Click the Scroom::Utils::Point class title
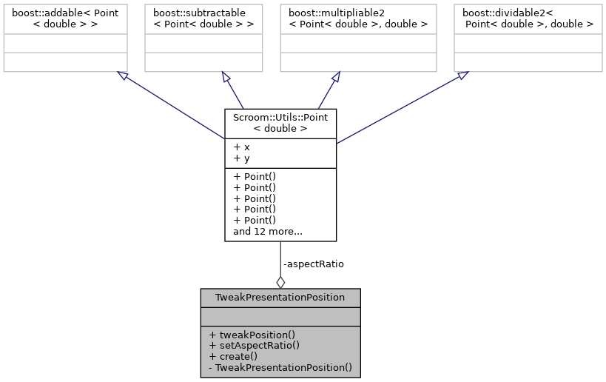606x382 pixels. point(280,122)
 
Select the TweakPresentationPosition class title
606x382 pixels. point(280,298)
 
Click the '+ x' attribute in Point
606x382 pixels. point(241,147)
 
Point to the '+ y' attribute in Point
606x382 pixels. point(241,158)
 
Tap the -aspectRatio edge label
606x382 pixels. point(313,264)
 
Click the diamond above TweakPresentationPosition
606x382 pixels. point(280,281)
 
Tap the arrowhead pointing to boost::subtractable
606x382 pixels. point(226,77)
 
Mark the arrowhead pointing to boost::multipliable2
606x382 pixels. point(334,77)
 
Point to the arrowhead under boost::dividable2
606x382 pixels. point(462,75)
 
